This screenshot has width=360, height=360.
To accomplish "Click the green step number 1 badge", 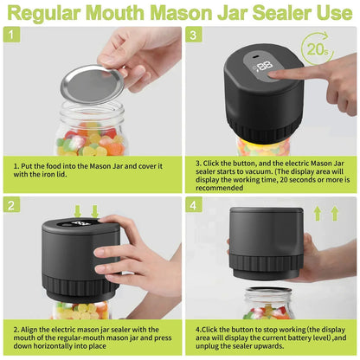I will coord(12,36).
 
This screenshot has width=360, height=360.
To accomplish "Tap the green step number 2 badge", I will coord(12,205).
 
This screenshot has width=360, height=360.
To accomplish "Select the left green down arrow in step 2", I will coord(79,212).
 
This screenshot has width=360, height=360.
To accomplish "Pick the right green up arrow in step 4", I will coord(334,212).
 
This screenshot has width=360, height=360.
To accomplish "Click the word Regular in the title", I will coord(58,12).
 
